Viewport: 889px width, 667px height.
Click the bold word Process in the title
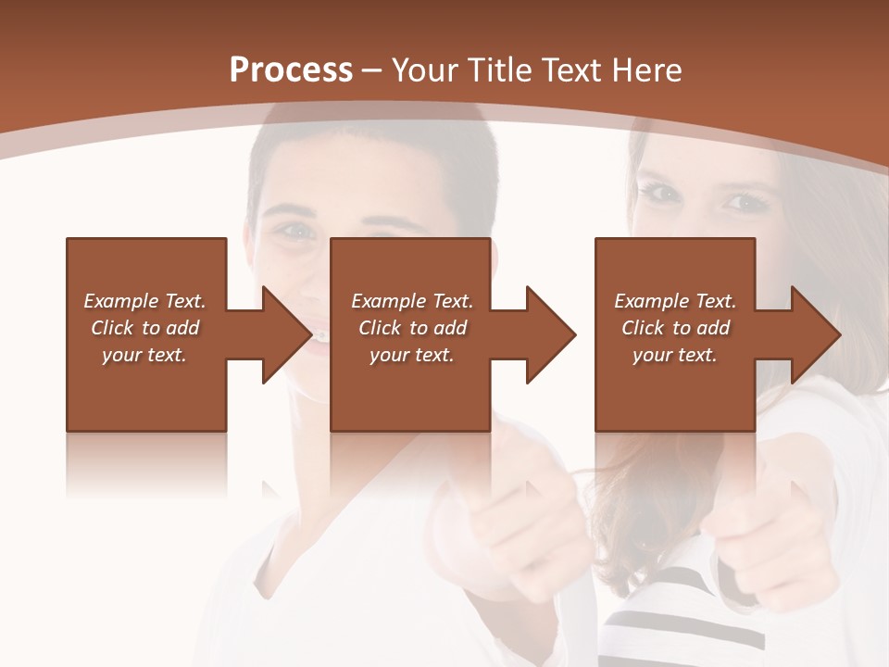click(x=291, y=70)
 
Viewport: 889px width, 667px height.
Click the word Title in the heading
click(x=499, y=70)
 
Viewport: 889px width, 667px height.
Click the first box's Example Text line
click(x=144, y=301)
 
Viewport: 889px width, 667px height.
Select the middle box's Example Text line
click(x=412, y=301)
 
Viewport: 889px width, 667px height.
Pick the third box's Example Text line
click(x=675, y=301)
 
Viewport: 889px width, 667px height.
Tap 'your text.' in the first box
click(x=144, y=355)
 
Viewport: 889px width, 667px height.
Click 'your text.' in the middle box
click(x=412, y=355)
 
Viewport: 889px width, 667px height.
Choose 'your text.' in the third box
click(x=675, y=355)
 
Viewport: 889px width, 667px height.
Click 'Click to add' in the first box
click(x=144, y=328)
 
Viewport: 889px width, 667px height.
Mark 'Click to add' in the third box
click(x=675, y=328)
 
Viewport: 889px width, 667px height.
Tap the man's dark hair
click(x=370, y=157)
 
